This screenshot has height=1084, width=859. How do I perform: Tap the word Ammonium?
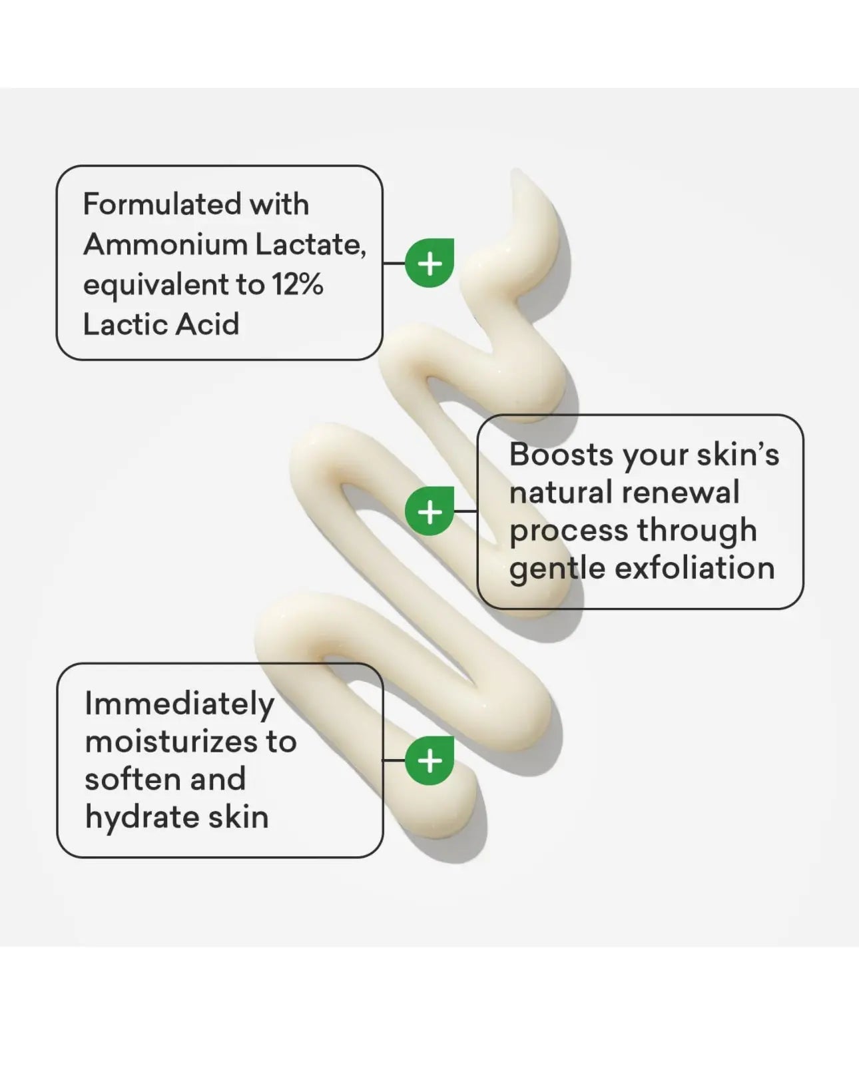pyautogui.click(x=165, y=245)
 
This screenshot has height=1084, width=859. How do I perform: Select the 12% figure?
pyautogui.click(x=298, y=284)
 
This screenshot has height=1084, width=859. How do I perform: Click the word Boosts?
pyautogui.click(x=562, y=454)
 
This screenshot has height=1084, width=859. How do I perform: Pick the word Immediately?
pyautogui.click(x=179, y=704)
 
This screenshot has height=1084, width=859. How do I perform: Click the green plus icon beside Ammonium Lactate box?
pyautogui.click(x=429, y=263)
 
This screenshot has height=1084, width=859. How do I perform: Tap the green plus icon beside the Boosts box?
pyautogui.click(x=429, y=511)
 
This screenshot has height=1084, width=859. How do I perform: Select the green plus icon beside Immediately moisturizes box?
pyautogui.click(x=429, y=760)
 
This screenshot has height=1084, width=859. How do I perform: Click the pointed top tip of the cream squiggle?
pyautogui.click(x=515, y=170)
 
